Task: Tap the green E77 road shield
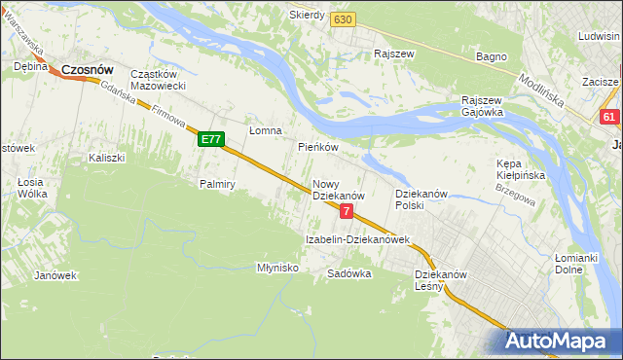tap(211, 140)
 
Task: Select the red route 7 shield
tap(346, 211)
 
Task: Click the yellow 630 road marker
tap(342, 19)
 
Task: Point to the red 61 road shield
tap(610, 118)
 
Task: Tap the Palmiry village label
tap(218, 184)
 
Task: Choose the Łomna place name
tap(265, 130)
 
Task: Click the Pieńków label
tap(317, 147)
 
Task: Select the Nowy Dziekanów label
tap(338, 190)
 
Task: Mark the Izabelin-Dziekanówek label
tap(357, 239)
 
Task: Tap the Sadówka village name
tap(349, 273)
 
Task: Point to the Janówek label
tap(55, 275)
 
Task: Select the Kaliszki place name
tap(107, 158)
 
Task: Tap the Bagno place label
tap(492, 56)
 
